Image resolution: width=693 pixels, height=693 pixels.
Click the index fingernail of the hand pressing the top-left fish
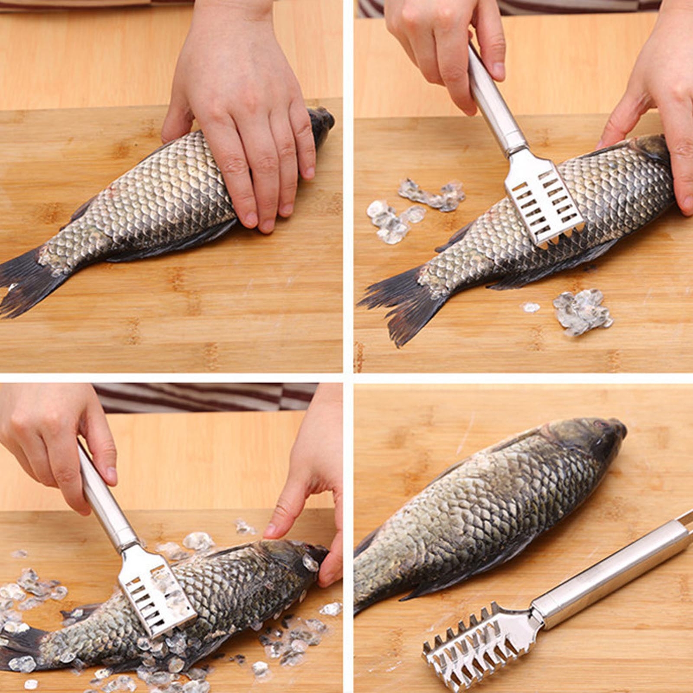pyautogui.click(x=251, y=219)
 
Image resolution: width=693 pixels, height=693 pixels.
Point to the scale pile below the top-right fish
pyautogui.click(x=583, y=312)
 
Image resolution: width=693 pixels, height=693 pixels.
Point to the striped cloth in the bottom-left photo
pyautogui.click(x=208, y=396)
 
